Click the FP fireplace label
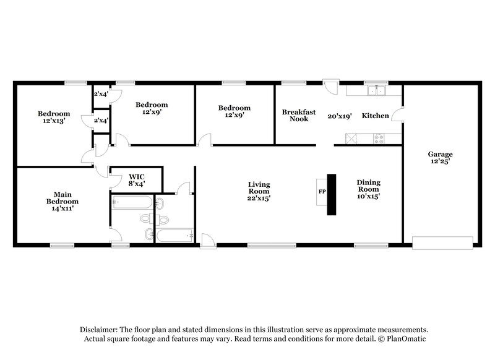[x=322, y=192]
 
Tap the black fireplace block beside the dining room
[x=331, y=194]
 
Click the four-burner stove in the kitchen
[x=378, y=139]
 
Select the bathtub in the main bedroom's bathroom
[x=132, y=202]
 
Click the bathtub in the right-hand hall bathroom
[x=175, y=236]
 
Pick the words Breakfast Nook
[x=299, y=116]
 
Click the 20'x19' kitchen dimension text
[x=340, y=116]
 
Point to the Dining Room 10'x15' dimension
[x=368, y=196]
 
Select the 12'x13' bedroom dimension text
[x=54, y=121]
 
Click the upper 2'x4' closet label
[x=100, y=94]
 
